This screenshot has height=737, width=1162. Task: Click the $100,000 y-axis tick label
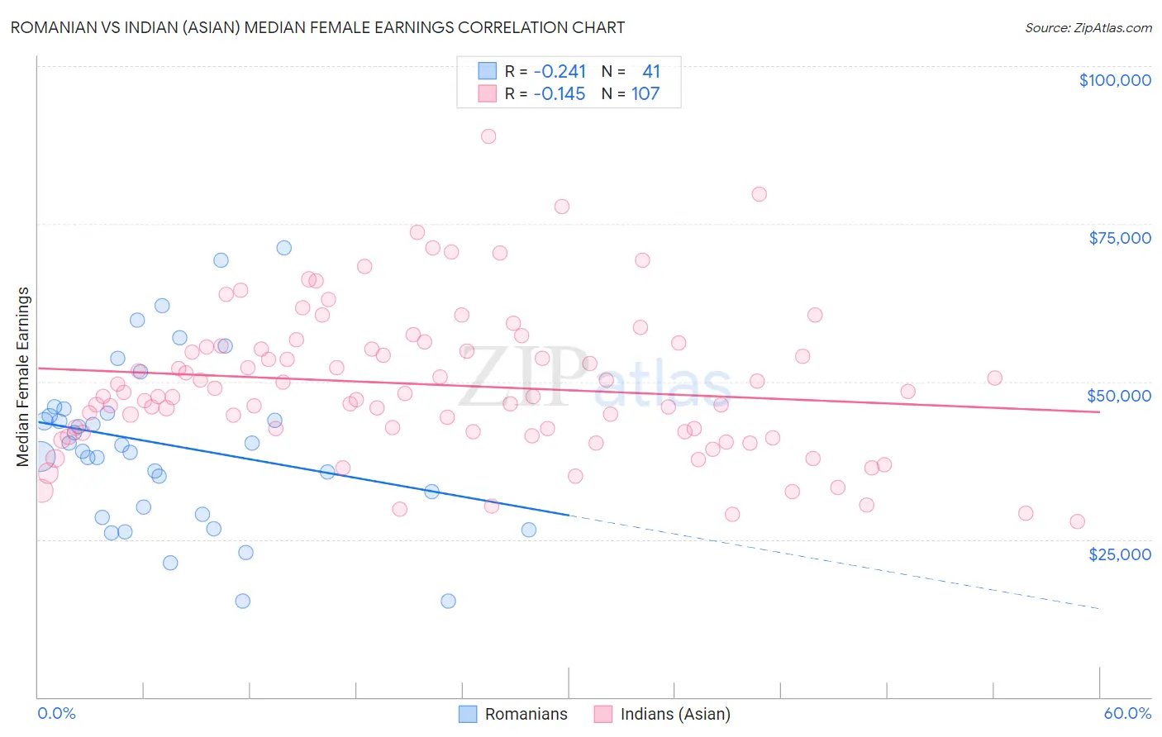tap(1115, 80)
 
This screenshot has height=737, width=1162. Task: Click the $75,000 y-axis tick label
tap(1119, 238)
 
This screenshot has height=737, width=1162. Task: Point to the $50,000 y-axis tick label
tap(1119, 396)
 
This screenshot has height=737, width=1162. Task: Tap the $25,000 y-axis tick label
tap(1119, 554)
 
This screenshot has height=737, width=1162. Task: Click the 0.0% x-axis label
tap(56, 713)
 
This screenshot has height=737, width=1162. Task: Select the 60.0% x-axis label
tap(1127, 713)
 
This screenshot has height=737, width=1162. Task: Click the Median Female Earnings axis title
tap(23, 377)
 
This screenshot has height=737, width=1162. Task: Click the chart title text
tap(317, 27)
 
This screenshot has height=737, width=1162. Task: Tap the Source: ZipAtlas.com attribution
tap(1088, 27)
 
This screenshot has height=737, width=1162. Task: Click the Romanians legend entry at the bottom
tap(514, 714)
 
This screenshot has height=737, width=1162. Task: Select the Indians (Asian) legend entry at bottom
tap(663, 714)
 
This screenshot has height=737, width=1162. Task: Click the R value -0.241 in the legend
tap(560, 71)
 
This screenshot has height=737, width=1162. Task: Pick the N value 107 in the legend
tap(645, 94)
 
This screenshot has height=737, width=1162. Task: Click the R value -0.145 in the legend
tap(560, 94)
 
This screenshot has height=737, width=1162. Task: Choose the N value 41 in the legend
tap(650, 71)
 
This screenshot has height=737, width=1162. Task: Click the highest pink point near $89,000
tap(488, 136)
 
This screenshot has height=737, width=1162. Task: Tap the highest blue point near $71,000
tap(283, 248)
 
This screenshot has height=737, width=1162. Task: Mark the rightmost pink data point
tap(1077, 521)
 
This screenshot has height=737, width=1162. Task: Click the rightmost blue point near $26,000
tap(529, 530)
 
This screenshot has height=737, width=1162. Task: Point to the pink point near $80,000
tap(759, 194)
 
